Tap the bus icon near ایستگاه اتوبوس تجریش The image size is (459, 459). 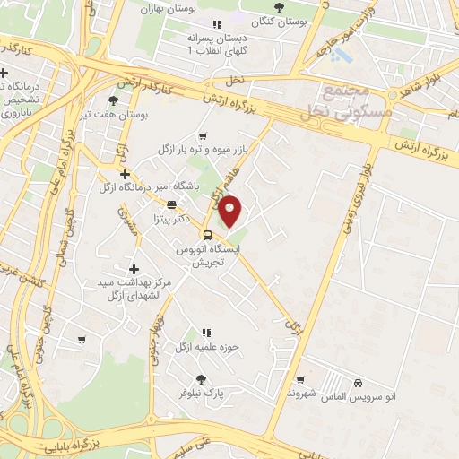coord(207,236)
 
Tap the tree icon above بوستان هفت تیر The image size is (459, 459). coord(112,100)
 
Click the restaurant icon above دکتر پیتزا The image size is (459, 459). coord(171,204)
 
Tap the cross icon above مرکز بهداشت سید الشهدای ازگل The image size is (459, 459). coord(134,269)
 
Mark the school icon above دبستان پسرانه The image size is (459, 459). coord(215,25)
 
